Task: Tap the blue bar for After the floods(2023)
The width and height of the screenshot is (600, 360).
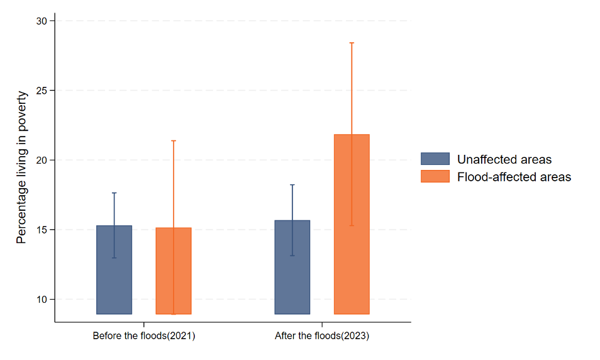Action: (x=292, y=267)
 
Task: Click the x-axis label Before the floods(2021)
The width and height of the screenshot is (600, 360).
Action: (x=144, y=336)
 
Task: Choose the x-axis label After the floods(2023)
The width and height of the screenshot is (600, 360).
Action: (x=322, y=336)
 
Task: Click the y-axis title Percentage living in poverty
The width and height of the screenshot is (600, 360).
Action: (x=21, y=167)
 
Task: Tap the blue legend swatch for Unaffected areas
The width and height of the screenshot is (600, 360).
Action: (x=435, y=159)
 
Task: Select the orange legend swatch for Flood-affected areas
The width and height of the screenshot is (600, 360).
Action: (x=435, y=176)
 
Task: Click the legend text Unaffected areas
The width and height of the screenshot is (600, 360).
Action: (x=504, y=159)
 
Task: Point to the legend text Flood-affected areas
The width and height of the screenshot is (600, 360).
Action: (x=514, y=177)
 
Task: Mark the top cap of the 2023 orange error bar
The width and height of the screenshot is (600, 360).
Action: (x=352, y=43)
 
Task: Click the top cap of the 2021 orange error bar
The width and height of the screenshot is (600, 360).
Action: (x=174, y=141)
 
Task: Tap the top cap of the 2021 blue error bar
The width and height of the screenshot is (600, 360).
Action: (x=114, y=193)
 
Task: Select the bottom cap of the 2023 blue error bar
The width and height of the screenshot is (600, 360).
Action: (x=292, y=255)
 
